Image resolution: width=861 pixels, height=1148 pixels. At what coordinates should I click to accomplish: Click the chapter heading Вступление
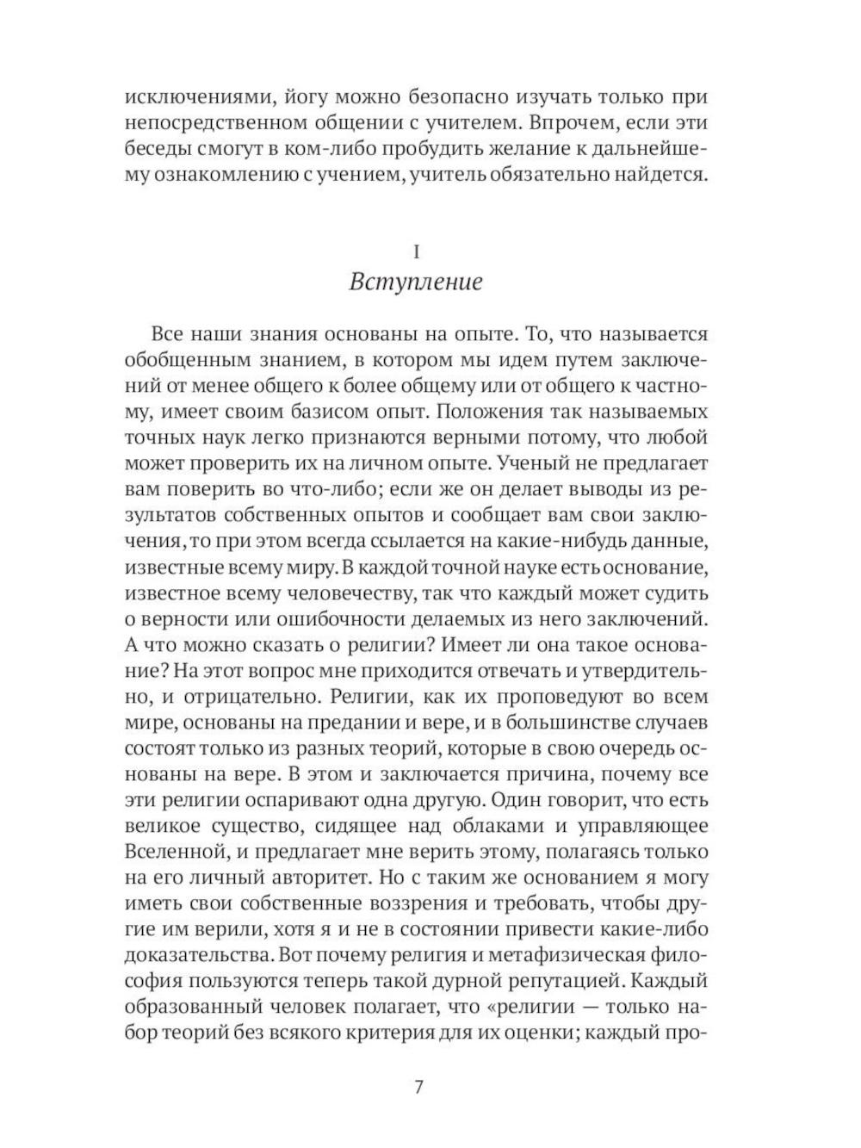click(416, 282)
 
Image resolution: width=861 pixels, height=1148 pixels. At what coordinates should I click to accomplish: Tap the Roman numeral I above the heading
click(417, 251)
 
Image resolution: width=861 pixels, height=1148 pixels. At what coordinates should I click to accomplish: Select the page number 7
click(418, 1087)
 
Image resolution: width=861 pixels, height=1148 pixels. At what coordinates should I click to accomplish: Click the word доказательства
click(201, 956)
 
